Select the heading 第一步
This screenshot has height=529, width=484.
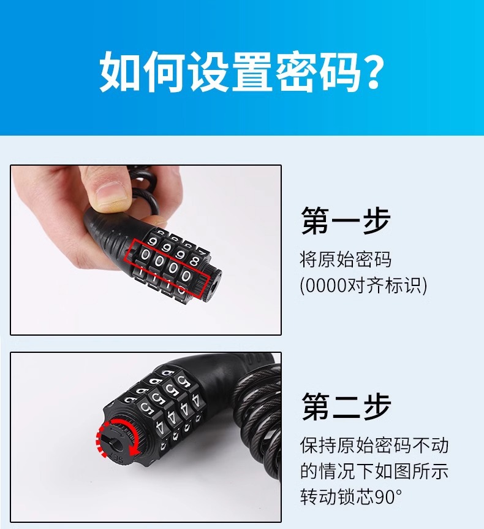346,220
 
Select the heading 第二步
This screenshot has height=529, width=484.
346,406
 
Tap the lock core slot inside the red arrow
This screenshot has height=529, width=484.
117,437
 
